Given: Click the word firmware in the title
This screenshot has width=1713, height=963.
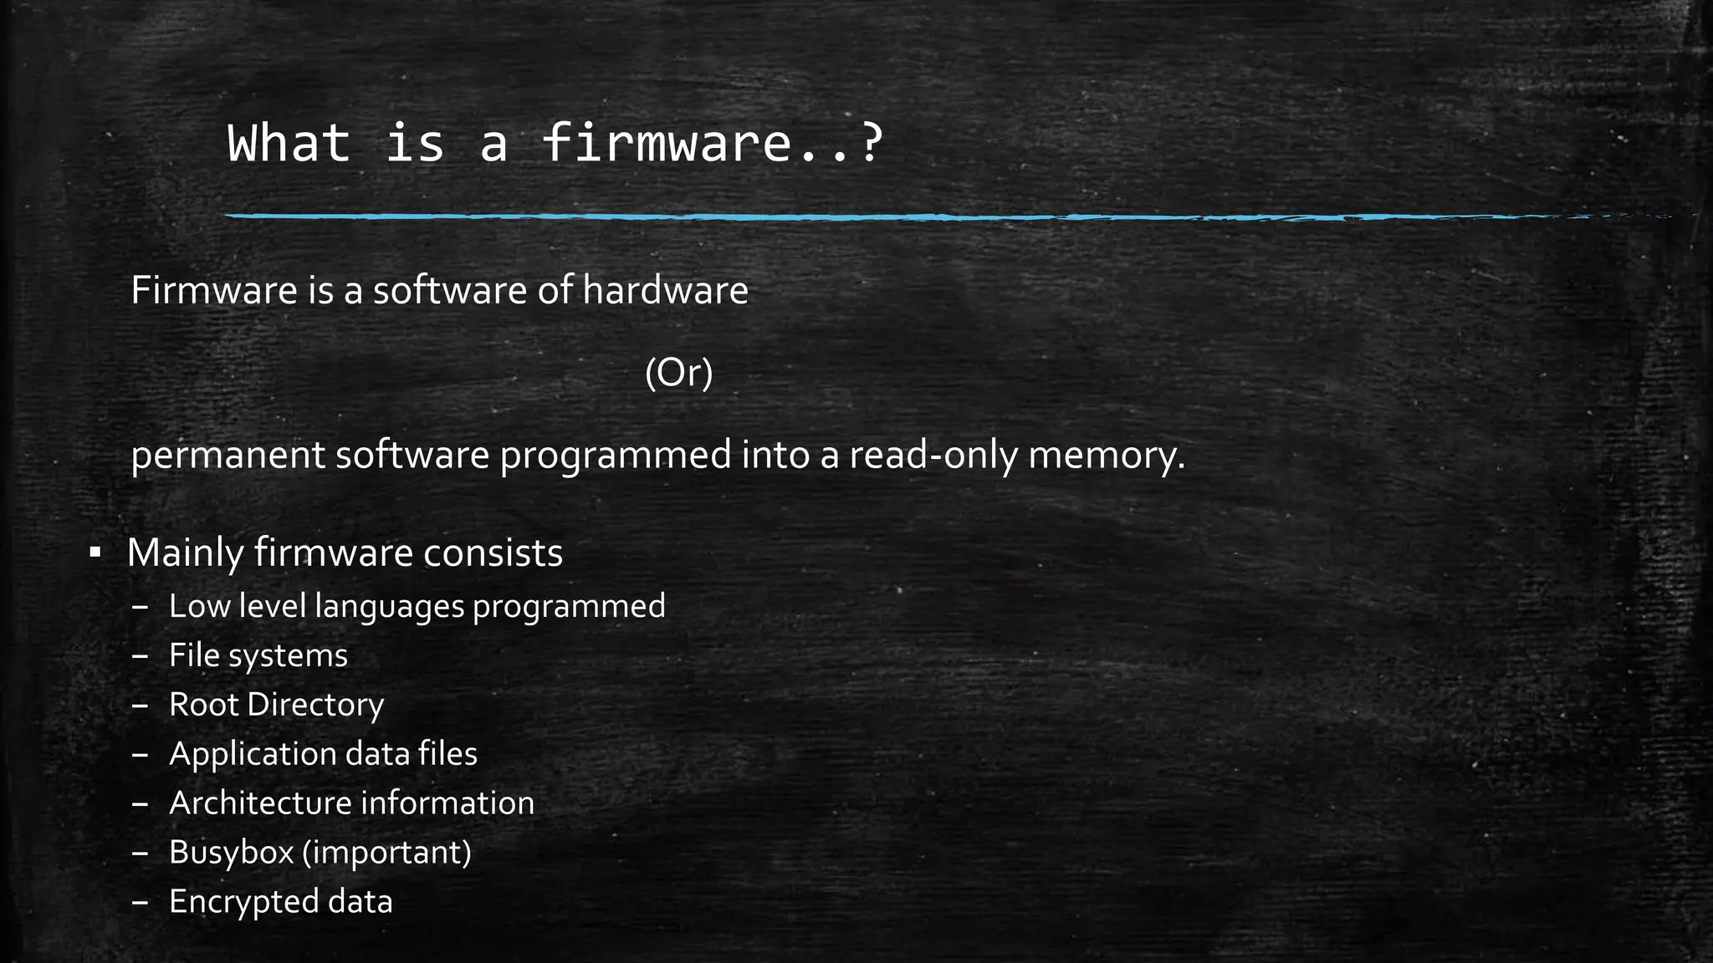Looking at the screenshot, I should tap(665, 143).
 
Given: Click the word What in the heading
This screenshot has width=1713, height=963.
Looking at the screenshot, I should tap(289, 143).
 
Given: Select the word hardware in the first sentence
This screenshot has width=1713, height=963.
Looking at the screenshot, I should tap(665, 291).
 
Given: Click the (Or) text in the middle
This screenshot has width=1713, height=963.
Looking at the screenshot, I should tap(679, 373).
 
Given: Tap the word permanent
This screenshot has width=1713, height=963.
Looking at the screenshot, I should tap(228, 456).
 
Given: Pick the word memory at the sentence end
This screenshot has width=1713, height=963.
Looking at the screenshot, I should tap(1105, 456).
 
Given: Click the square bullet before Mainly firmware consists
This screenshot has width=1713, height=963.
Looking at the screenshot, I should tap(95, 553).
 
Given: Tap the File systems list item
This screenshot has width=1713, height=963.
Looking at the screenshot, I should tap(258, 655).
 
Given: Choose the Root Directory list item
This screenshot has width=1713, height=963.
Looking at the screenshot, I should tap(276, 705).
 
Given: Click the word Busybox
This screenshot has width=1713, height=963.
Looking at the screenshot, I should tap(230, 853).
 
